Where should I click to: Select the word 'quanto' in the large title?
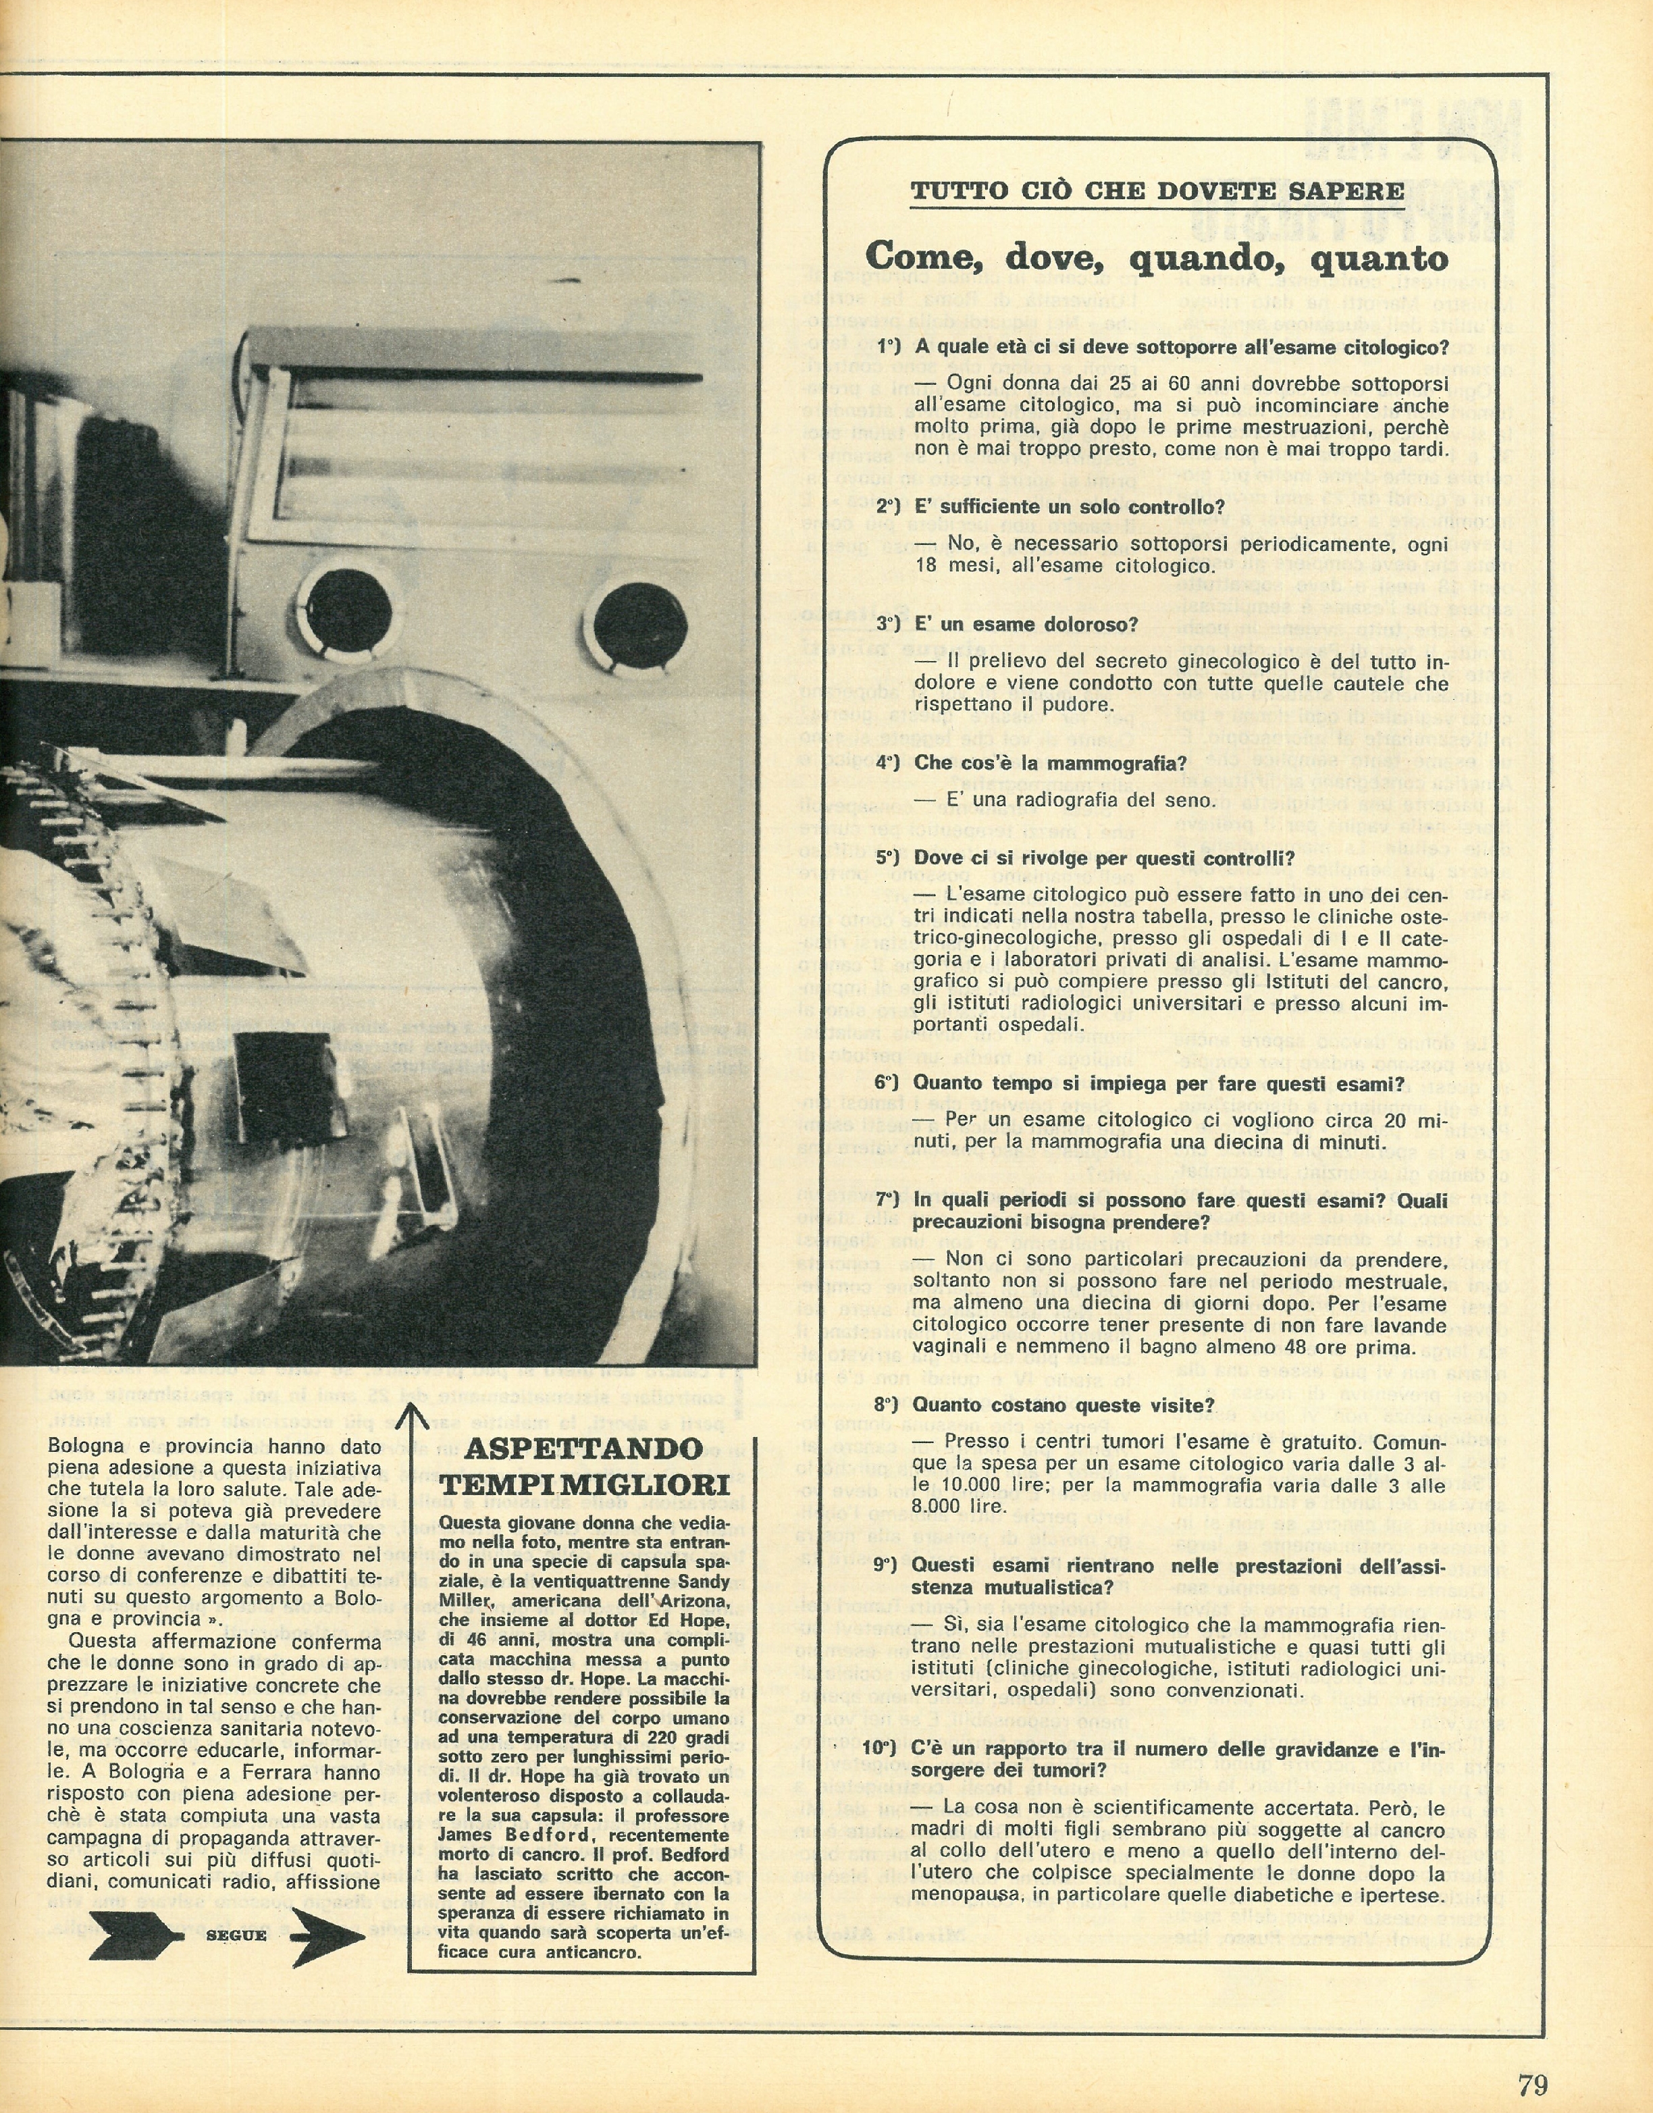pyautogui.click(x=1378, y=259)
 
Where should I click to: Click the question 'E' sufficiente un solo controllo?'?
pyautogui.click(x=1068, y=507)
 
